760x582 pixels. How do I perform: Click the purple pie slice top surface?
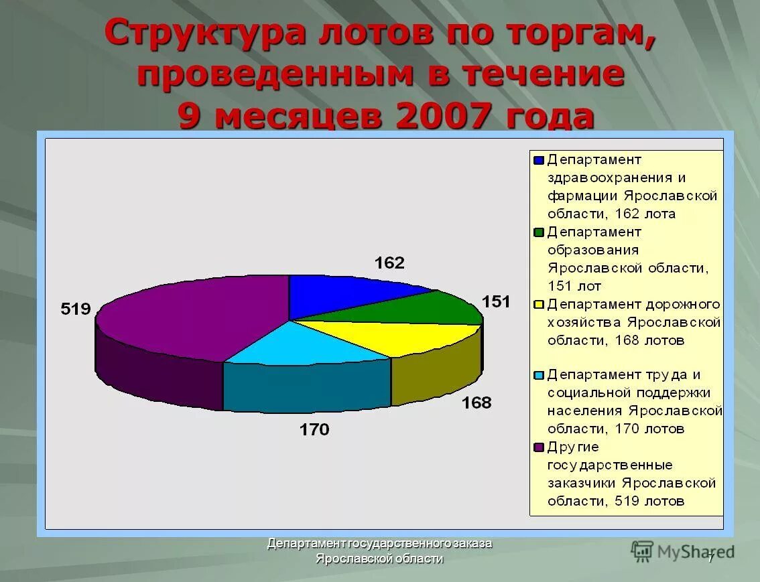(x=201, y=315)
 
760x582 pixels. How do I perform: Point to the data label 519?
(x=75, y=309)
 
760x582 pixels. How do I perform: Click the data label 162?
(x=389, y=263)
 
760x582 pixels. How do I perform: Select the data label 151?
(x=496, y=301)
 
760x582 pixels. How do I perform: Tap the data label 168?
(x=477, y=403)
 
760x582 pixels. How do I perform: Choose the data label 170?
(x=314, y=429)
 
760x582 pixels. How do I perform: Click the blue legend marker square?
(x=538, y=160)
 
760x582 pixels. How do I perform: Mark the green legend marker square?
(x=538, y=232)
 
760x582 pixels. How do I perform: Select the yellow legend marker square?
(x=538, y=305)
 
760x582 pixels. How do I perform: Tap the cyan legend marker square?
(x=538, y=375)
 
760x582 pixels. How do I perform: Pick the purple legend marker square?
(x=538, y=447)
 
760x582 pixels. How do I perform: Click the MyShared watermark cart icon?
(x=642, y=551)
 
